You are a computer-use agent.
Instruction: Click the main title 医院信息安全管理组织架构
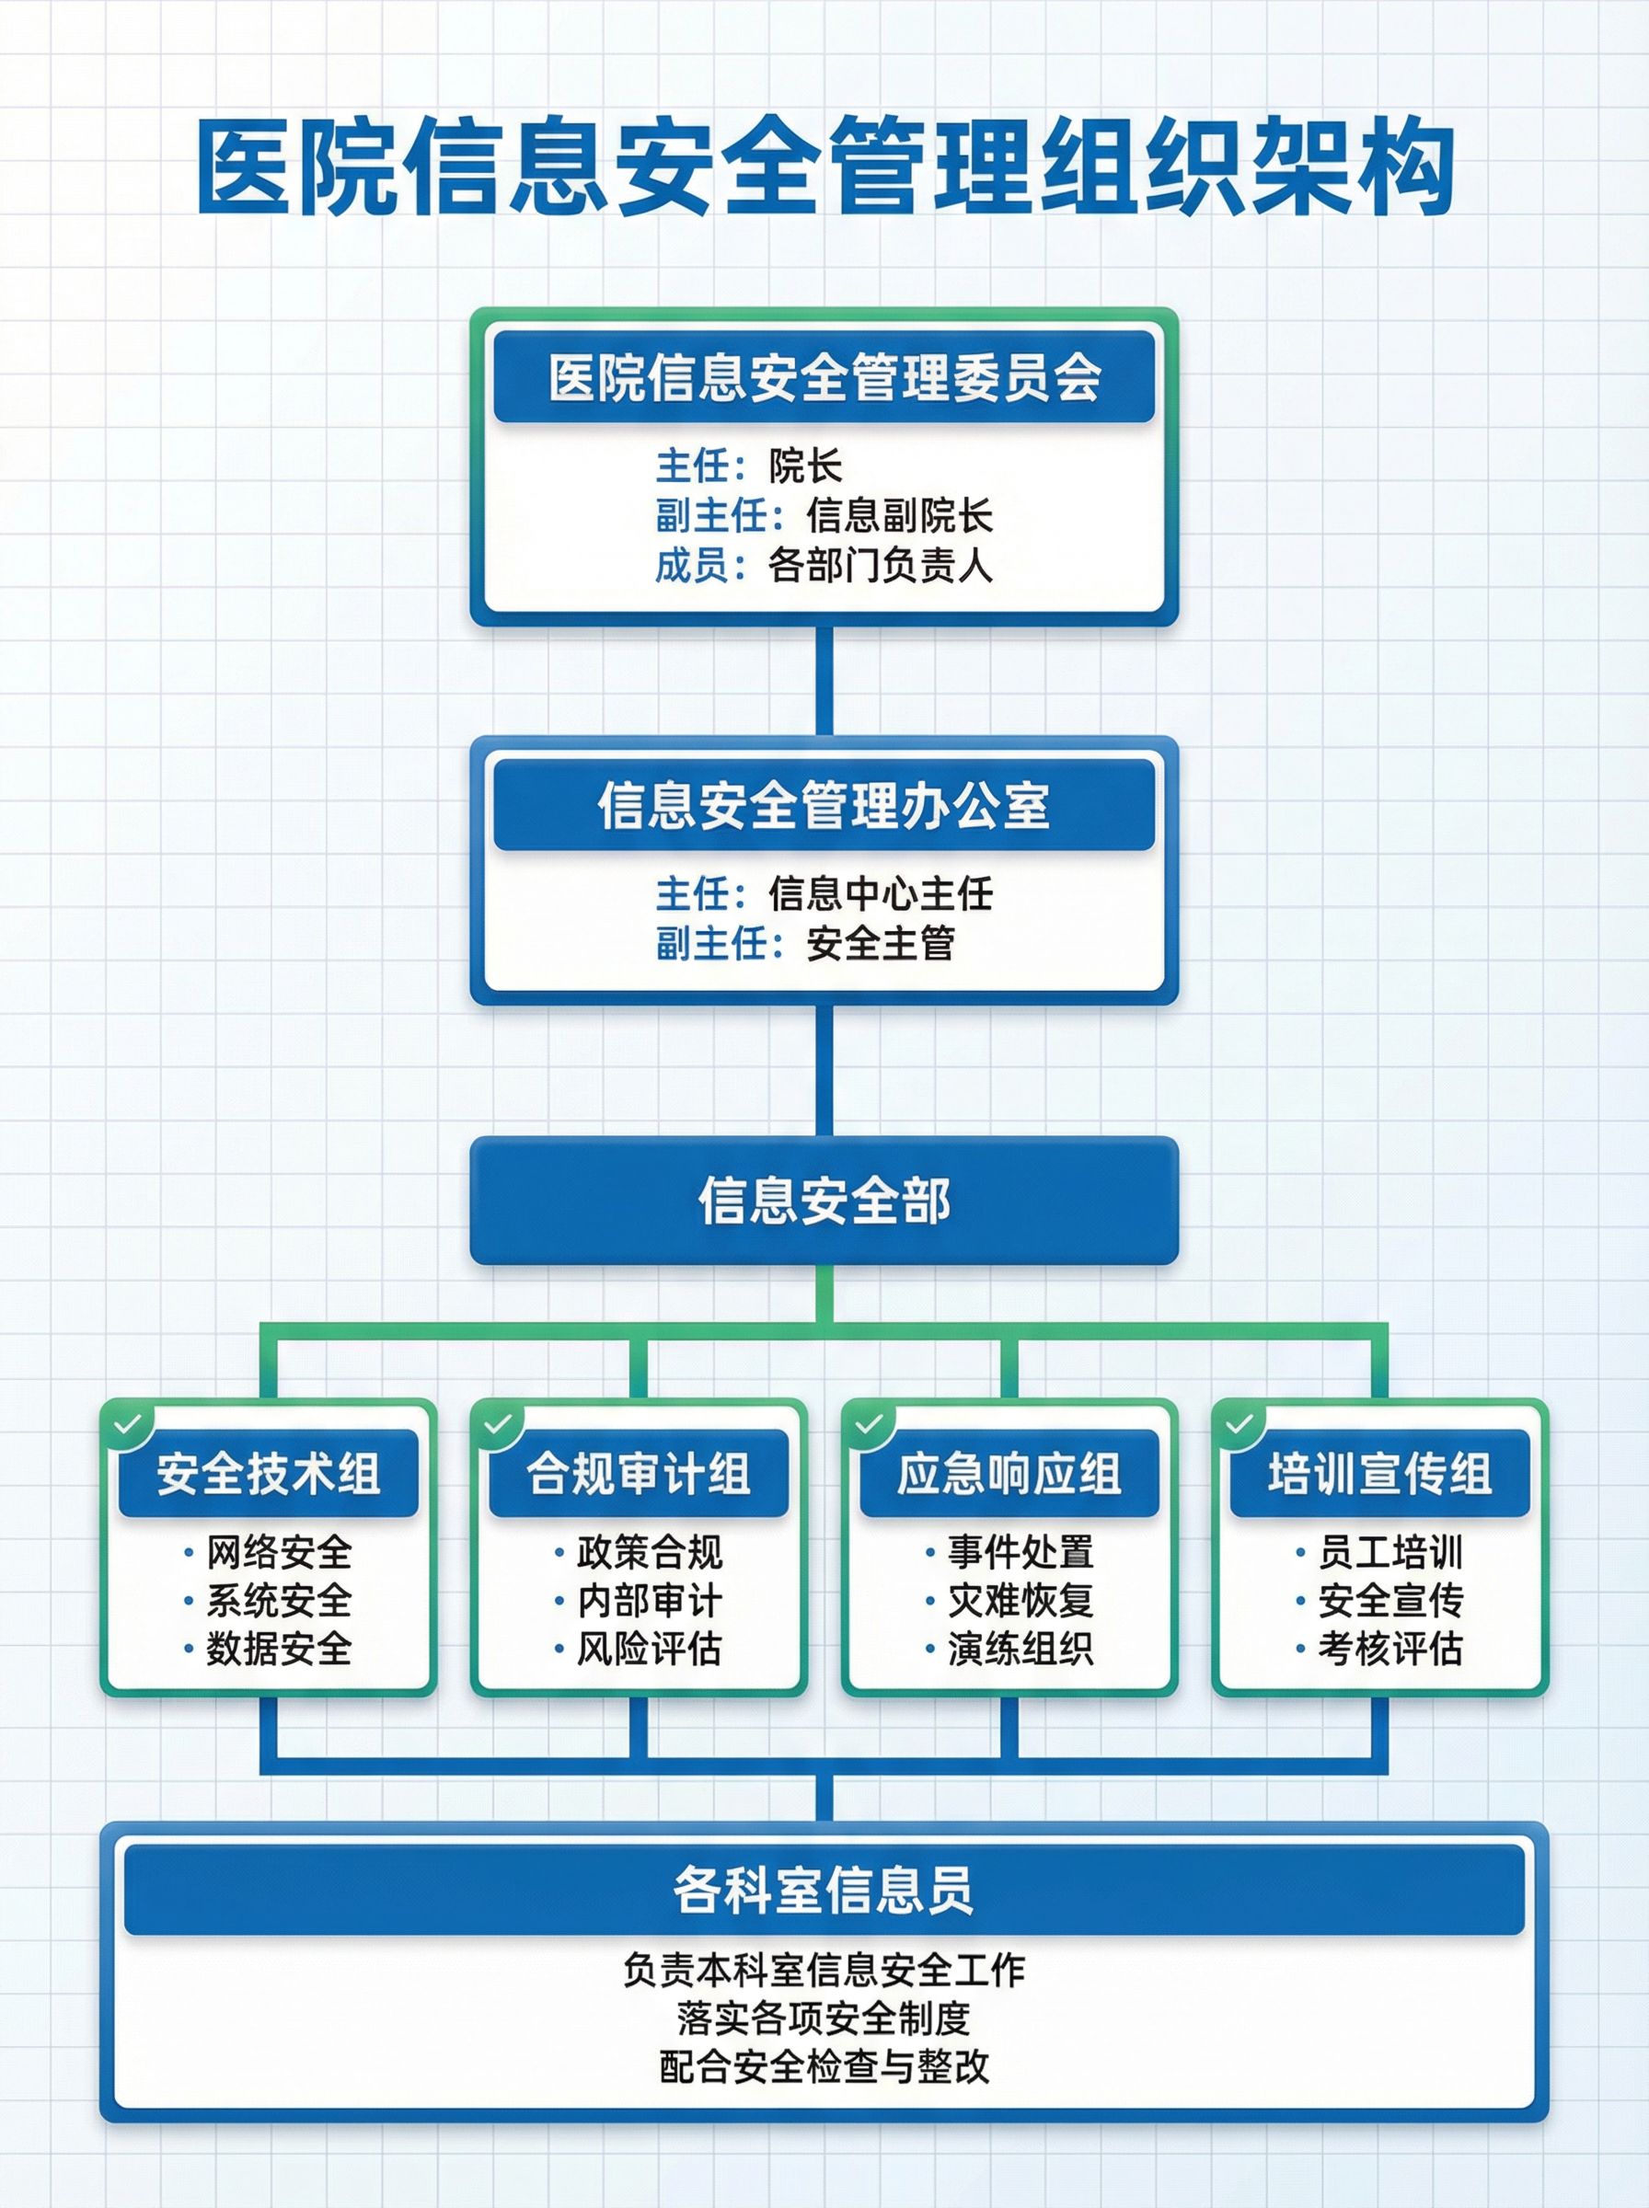coord(824,166)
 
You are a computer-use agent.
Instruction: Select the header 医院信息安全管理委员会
coord(824,378)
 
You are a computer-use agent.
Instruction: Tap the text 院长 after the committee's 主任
coord(805,466)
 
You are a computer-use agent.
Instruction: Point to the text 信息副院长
coord(899,516)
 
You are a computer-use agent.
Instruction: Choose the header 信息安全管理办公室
coord(824,805)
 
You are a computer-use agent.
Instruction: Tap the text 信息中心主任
coord(881,893)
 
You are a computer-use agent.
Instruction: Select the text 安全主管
coord(881,943)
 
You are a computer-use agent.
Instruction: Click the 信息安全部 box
coord(824,1201)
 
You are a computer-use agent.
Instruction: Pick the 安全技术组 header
coord(268,1474)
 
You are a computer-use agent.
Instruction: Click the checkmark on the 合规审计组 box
coord(497,1425)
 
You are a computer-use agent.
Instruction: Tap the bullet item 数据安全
coord(279,1649)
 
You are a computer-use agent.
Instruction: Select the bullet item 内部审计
coord(649,1601)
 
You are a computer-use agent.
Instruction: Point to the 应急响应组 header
coord(1009,1474)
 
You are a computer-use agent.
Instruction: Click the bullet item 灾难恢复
coord(1021,1601)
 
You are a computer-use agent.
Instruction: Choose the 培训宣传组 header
coord(1379,1474)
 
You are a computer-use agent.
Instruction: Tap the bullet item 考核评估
coord(1390,1649)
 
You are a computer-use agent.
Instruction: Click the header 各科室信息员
coord(824,1890)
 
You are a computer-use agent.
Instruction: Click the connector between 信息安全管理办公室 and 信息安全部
coord(824,1070)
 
